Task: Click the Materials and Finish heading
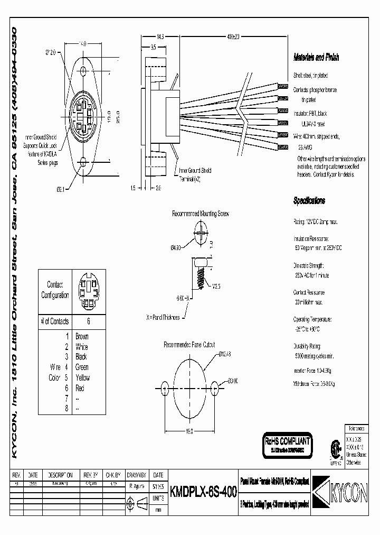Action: click(316, 58)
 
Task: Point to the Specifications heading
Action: click(309, 201)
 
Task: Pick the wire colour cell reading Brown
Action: click(82, 336)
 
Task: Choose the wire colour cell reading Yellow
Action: click(82, 377)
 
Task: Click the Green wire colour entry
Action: click(82, 367)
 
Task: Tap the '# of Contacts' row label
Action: click(55, 321)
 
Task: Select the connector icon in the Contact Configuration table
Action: click(88, 291)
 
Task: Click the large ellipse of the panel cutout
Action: click(189, 387)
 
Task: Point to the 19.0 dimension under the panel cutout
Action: click(190, 431)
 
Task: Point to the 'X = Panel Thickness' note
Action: click(163, 318)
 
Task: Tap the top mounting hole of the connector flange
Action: click(83, 70)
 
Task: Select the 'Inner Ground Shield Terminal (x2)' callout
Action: click(195, 174)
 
